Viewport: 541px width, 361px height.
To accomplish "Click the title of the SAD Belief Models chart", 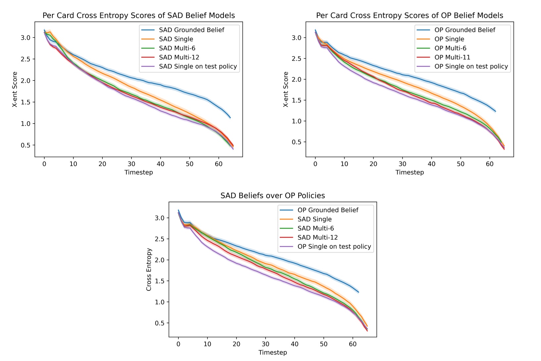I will pos(138,16).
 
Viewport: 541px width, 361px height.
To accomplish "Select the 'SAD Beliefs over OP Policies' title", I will pos(272,196).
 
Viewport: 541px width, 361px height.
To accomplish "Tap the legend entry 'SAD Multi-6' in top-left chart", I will pos(177,48).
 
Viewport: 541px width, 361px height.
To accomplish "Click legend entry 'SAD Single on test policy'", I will pos(198,66).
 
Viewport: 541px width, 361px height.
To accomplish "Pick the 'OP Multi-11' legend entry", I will pos(452,57).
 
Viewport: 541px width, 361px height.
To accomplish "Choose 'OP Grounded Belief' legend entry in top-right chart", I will pos(465,30).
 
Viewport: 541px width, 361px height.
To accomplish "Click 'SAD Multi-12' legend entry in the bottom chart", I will pos(317,237).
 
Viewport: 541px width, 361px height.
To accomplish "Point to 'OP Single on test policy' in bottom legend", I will pos(334,247).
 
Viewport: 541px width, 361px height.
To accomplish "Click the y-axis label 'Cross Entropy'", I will pos(149,270).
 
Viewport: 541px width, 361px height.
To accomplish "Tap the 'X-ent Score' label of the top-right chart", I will pos(286,90).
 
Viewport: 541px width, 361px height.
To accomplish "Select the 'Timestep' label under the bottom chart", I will pos(272,352).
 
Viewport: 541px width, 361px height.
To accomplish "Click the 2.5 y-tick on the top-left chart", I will pos(25,59).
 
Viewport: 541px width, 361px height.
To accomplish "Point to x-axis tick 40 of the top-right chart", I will pos(431,164).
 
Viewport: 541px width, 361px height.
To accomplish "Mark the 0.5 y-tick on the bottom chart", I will pos(159,323).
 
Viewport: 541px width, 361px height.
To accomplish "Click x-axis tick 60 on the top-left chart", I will pos(219,164).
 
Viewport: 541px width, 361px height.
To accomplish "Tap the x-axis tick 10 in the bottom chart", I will pos(207,344).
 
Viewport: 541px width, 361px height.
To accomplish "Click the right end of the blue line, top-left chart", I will pos(230,118).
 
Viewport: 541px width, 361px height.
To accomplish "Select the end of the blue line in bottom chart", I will pos(359,292).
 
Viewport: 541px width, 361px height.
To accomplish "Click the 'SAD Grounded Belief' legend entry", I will pos(191,30).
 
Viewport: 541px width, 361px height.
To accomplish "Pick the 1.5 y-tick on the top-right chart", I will pos(296,100).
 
